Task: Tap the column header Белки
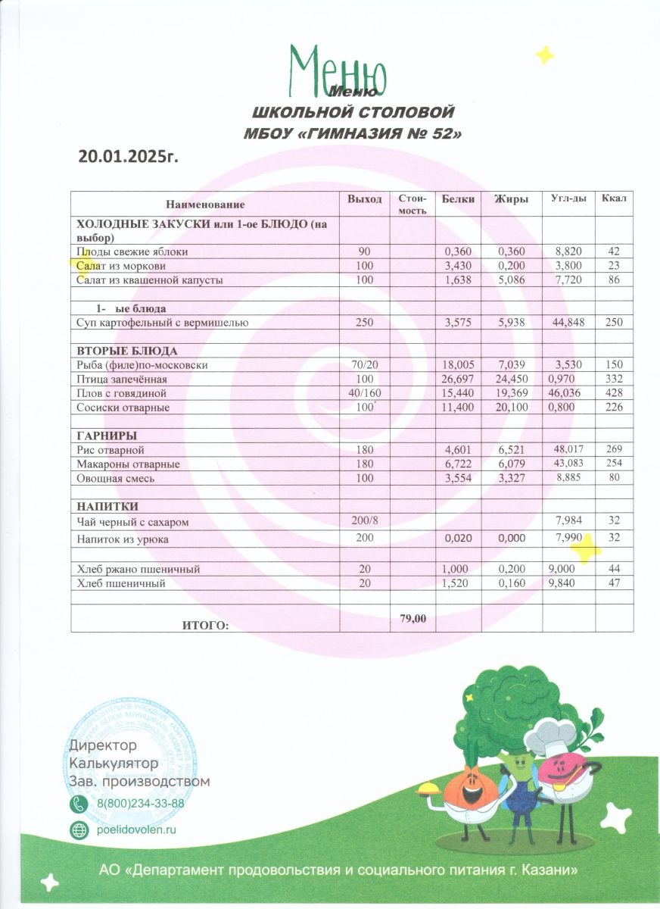point(459,199)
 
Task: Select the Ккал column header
point(613,198)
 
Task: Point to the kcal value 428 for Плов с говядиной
point(614,393)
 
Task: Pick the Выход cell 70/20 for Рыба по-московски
point(365,365)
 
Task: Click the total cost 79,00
point(413,619)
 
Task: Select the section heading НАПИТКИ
point(107,506)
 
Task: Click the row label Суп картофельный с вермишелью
point(163,323)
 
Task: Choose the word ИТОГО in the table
point(205,625)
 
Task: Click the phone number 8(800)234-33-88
point(141,804)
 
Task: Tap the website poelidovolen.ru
point(136,829)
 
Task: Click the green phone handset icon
point(79,804)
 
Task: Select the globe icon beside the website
point(79,829)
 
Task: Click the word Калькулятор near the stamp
point(114,762)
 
